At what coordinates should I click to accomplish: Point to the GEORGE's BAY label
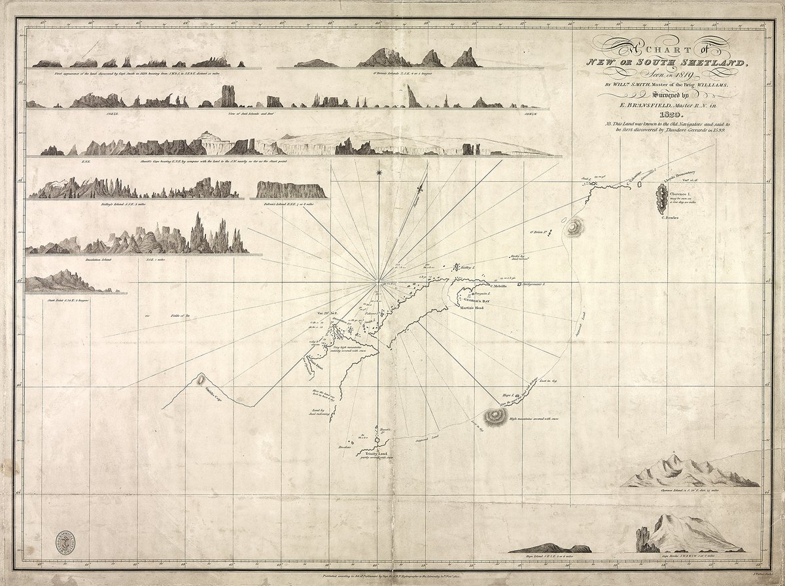point(472,300)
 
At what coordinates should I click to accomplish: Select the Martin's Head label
point(470,307)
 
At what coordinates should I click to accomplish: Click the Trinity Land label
point(372,453)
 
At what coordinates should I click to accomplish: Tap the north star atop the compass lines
point(378,173)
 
